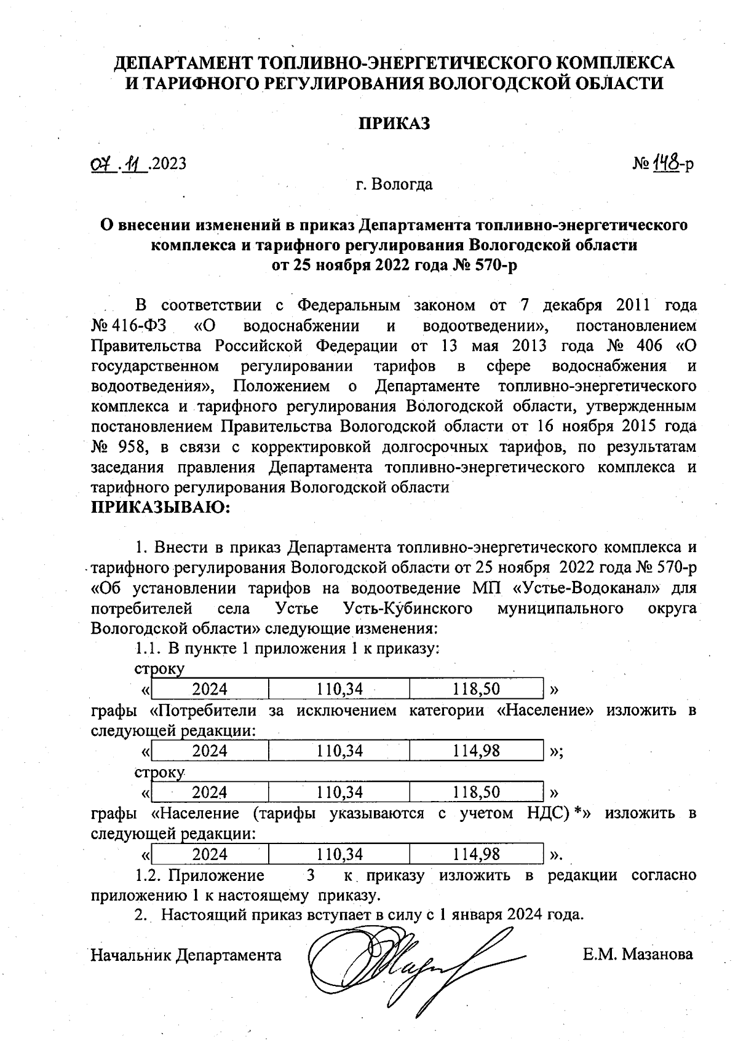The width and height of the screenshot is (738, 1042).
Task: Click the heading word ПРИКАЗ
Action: [x=394, y=123]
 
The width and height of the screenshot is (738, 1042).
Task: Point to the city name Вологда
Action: [x=403, y=184]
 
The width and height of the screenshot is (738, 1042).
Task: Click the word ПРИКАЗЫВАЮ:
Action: [x=161, y=507]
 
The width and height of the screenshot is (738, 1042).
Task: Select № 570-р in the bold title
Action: [x=496, y=265]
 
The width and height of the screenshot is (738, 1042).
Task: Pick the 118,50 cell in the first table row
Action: [x=476, y=689]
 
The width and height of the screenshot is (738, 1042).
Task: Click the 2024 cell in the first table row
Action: [x=210, y=689]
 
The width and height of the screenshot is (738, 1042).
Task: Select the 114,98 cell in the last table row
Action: [x=476, y=854]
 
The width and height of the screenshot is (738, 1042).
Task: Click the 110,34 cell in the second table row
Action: [x=339, y=751]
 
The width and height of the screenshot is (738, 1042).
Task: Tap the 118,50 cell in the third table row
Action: [x=476, y=792]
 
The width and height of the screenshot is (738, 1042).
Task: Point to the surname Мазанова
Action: [x=657, y=954]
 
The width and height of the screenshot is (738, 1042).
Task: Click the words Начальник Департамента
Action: [x=186, y=955]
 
